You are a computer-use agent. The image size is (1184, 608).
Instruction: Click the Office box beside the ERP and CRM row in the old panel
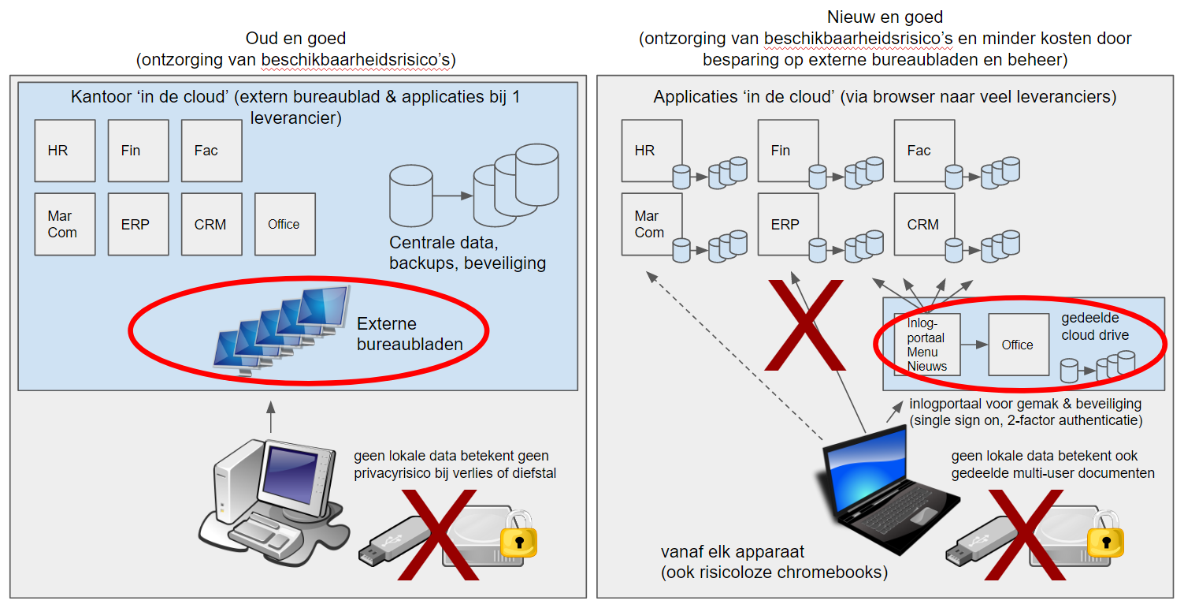(x=284, y=224)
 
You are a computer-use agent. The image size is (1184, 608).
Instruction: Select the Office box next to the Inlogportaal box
(x=1018, y=345)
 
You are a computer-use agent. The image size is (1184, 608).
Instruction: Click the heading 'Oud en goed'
(x=295, y=38)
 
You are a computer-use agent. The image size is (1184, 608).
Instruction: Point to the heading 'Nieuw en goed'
(x=885, y=17)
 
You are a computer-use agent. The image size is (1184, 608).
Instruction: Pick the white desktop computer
(x=272, y=493)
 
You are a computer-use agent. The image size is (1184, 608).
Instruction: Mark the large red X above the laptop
(x=803, y=323)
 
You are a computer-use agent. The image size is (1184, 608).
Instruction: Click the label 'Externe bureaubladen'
(x=409, y=334)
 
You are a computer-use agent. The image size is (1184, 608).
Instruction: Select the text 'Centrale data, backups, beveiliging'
(x=467, y=252)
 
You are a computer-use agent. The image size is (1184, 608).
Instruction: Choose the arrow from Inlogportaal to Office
(x=975, y=345)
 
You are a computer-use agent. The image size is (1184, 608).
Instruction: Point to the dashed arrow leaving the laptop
(x=733, y=355)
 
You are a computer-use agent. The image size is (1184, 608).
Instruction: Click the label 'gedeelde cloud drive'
(x=1095, y=326)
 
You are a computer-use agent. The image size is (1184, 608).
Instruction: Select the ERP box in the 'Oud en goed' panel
(x=138, y=224)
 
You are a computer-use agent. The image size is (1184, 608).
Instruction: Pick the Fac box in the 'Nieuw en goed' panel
(x=919, y=150)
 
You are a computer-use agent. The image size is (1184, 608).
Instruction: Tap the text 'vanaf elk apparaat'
(x=733, y=552)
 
